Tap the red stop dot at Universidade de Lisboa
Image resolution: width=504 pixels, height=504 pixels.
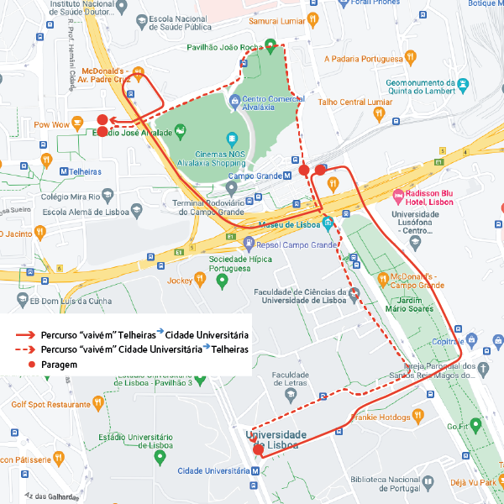tap(258, 450)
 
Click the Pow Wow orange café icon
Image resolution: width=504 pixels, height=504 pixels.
tap(77, 123)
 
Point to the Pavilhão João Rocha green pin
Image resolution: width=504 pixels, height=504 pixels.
tap(270, 45)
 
